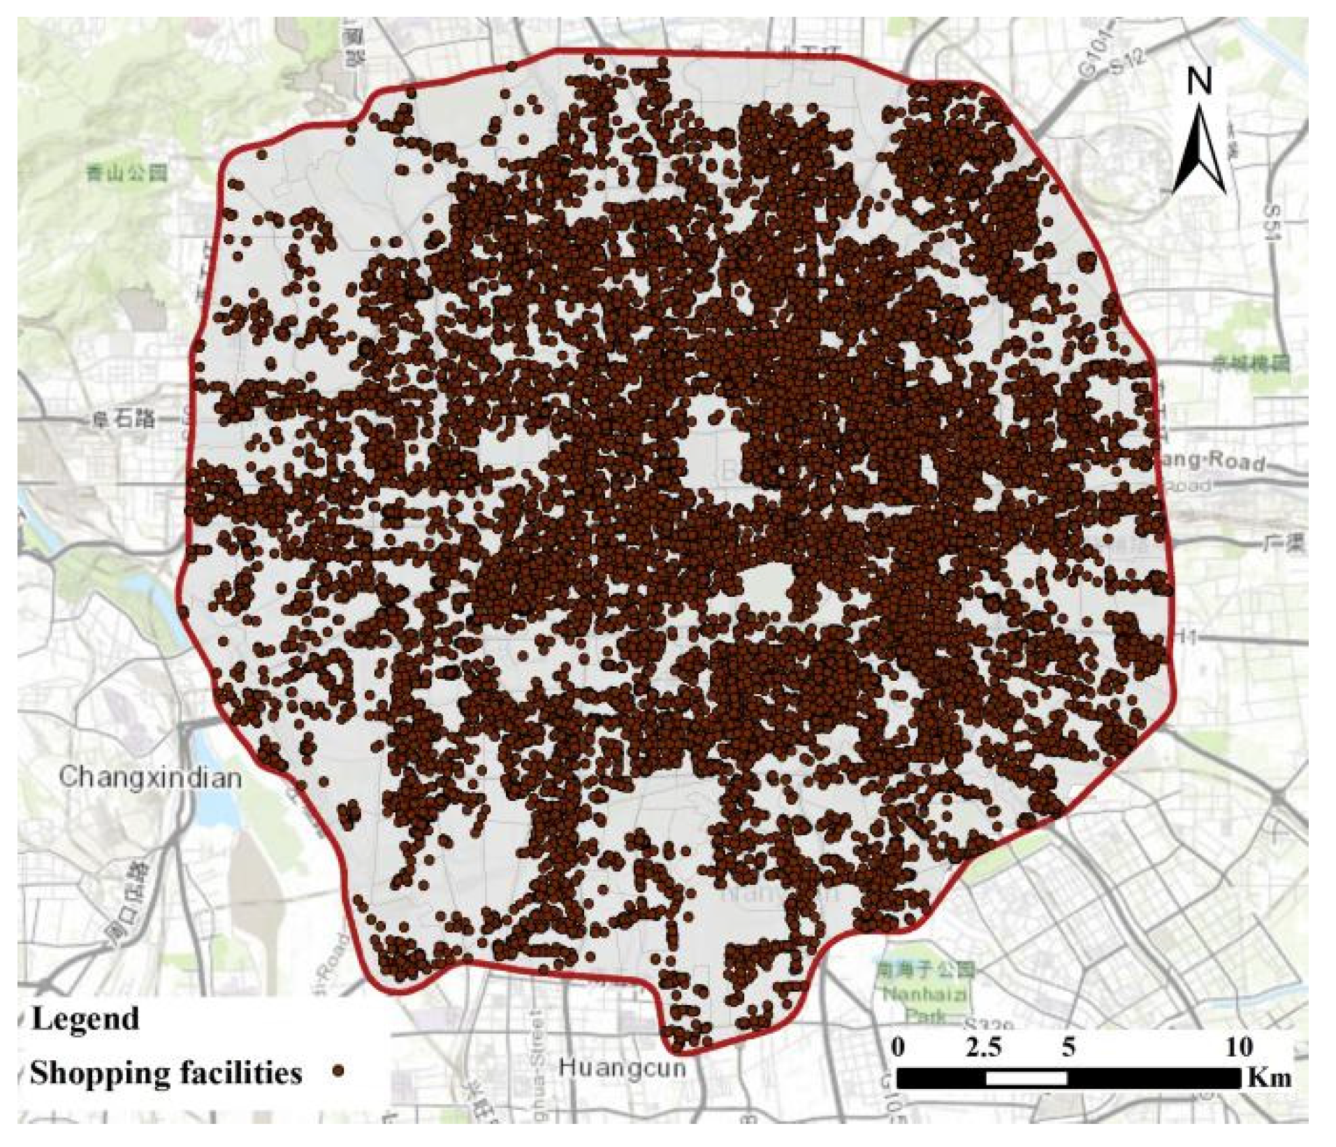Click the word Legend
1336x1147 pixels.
pyautogui.click(x=85, y=1018)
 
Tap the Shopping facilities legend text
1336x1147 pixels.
pyautogui.click(x=166, y=1073)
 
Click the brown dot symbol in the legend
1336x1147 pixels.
pyautogui.click(x=339, y=1072)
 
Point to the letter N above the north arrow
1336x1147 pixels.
pyautogui.click(x=1200, y=82)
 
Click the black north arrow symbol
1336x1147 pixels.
pyautogui.click(x=1200, y=150)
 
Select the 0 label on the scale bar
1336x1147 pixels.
pyautogui.click(x=899, y=1047)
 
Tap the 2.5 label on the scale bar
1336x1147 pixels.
pyautogui.click(x=983, y=1047)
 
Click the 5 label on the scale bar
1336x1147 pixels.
pyautogui.click(x=1068, y=1047)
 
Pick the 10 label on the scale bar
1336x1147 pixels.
pyautogui.click(x=1239, y=1047)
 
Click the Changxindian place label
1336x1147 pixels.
pyautogui.click(x=150, y=778)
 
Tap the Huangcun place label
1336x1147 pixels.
pyautogui.click(x=622, y=1069)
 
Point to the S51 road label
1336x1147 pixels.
pyautogui.click(x=1273, y=222)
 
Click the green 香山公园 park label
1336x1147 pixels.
pyautogui.click(x=126, y=173)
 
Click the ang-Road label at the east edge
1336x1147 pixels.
pyautogui.click(x=1212, y=461)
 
